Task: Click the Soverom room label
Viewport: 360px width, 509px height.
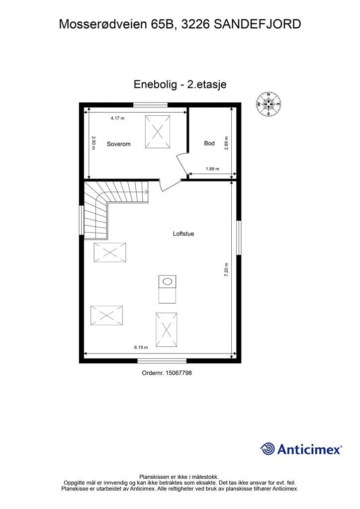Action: tap(118, 144)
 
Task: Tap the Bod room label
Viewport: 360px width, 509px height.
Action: tap(209, 143)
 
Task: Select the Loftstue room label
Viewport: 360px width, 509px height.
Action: tap(183, 233)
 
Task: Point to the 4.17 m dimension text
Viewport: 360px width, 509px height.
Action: tap(117, 118)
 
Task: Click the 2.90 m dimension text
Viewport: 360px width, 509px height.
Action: tap(93, 143)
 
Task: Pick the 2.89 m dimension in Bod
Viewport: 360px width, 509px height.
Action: tap(226, 143)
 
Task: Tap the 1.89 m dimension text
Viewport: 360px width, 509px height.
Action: tap(212, 169)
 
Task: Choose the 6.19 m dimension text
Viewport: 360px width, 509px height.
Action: tap(142, 347)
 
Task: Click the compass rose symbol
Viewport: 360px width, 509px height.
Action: tap(269, 104)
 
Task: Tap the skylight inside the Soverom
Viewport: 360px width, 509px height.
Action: tap(158, 131)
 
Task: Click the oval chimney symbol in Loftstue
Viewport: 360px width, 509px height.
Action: tap(168, 282)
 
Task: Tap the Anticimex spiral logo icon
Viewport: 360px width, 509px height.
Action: tap(268, 449)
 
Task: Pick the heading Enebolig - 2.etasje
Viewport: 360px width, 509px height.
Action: tap(180, 85)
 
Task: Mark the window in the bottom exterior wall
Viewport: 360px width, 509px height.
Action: tap(162, 360)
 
